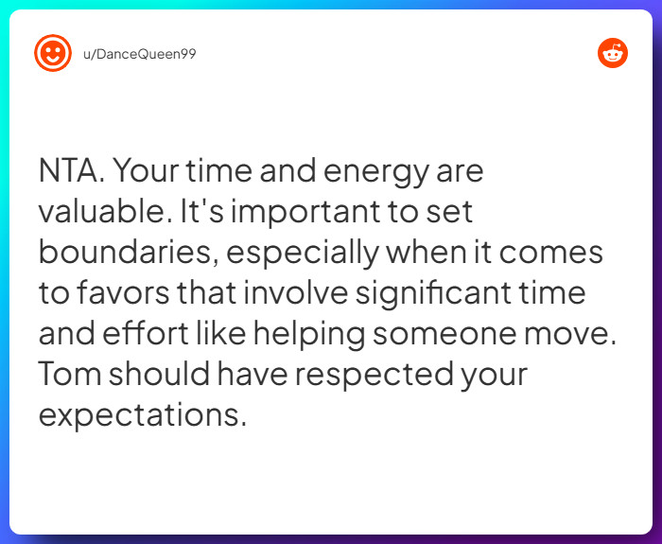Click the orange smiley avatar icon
coord(53,52)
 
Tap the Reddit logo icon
coord(613,53)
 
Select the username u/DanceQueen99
coord(139,53)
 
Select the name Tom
coord(70,375)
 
